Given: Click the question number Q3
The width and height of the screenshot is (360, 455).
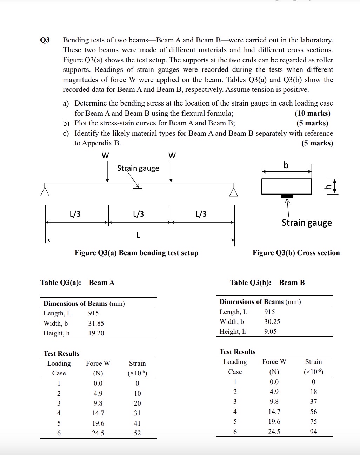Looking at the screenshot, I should click(x=45, y=40).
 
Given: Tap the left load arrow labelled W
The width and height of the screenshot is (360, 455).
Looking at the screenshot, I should click(x=107, y=172).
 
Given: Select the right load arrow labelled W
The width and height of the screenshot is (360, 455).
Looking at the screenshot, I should click(x=171, y=172).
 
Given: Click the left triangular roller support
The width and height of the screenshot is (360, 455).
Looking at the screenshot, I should click(x=44, y=192).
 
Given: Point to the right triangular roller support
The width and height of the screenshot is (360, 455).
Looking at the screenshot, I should click(x=234, y=192).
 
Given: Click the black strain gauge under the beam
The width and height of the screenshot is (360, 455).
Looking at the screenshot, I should click(x=138, y=189).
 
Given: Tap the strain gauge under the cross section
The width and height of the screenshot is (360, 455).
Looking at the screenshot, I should click(x=287, y=196).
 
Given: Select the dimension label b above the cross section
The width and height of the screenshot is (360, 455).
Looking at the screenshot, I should click(x=286, y=165).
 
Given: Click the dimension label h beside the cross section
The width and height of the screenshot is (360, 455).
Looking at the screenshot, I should click(x=328, y=186).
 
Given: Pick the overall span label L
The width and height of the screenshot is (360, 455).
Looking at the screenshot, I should click(x=138, y=235).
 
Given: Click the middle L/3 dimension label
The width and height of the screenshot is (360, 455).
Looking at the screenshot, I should click(x=138, y=214).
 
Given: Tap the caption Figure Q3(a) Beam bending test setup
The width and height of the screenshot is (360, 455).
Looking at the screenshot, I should click(x=136, y=253).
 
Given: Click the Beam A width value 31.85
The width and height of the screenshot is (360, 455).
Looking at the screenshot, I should click(x=96, y=323).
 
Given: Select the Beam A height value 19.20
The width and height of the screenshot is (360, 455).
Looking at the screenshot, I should click(x=96, y=333).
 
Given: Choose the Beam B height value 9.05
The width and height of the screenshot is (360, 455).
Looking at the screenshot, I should click(x=270, y=331).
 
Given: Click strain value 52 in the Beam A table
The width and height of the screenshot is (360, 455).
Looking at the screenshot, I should click(x=137, y=433).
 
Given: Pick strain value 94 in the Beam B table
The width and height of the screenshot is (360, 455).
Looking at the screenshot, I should click(x=313, y=432).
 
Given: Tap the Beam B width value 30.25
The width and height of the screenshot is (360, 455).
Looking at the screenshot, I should click(x=272, y=321).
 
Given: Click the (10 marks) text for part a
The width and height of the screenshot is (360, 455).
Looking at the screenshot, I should click(x=312, y=113).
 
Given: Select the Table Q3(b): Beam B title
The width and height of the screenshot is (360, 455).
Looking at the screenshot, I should click(x=267, y=283).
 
